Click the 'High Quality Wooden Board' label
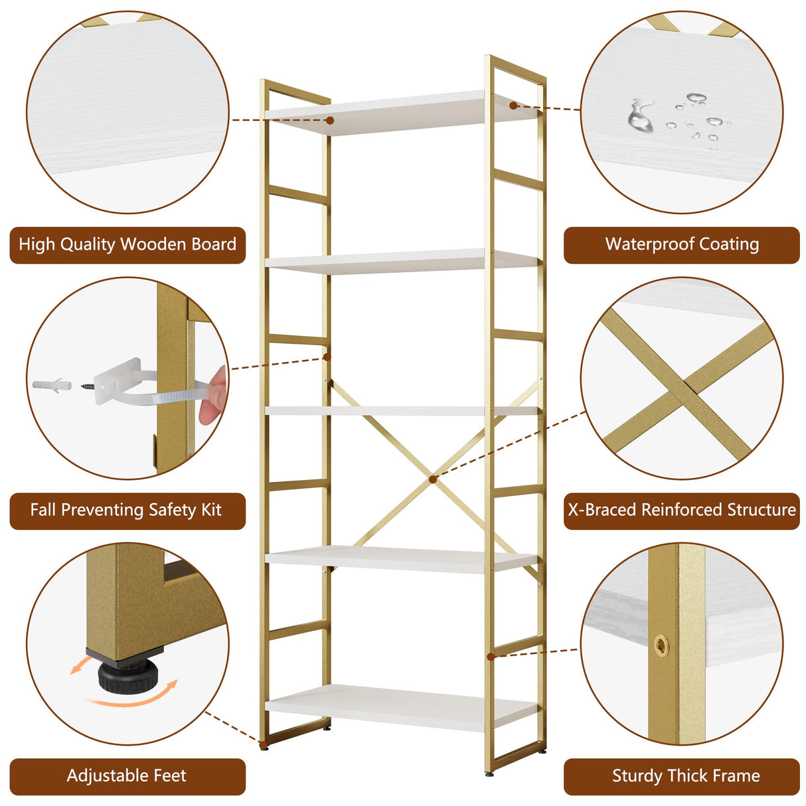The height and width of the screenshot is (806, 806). [x=127, y=244]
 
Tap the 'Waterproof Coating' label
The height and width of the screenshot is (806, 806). [x=682, y=244]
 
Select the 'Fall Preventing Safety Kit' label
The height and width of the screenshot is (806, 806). [x=126, y=510]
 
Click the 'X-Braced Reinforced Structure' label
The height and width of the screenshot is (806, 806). [x=682, y=510]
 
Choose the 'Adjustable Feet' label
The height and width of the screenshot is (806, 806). [x=126, y=775]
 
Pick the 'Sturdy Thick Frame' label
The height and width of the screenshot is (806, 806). [x=685, y=775]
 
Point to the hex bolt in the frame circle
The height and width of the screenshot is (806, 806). [x=661, y=645]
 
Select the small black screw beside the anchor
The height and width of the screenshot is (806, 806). [x=88, y=385]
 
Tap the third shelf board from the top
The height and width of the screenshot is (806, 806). [x=398, y=411]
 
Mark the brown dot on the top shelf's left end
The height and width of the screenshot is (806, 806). [x=330, y=120]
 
